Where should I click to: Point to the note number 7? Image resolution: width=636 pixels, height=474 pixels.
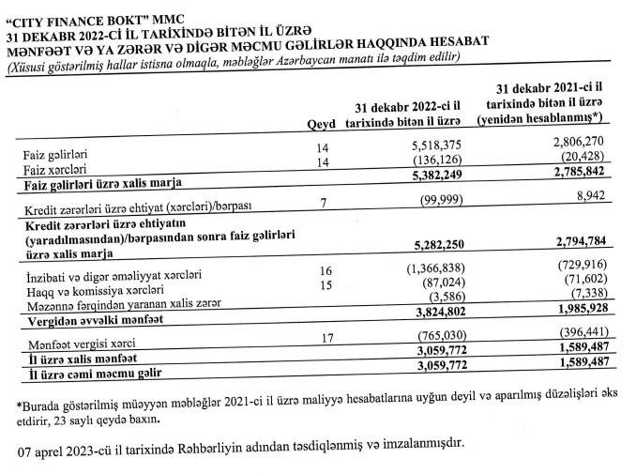click(x=321, y=203)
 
